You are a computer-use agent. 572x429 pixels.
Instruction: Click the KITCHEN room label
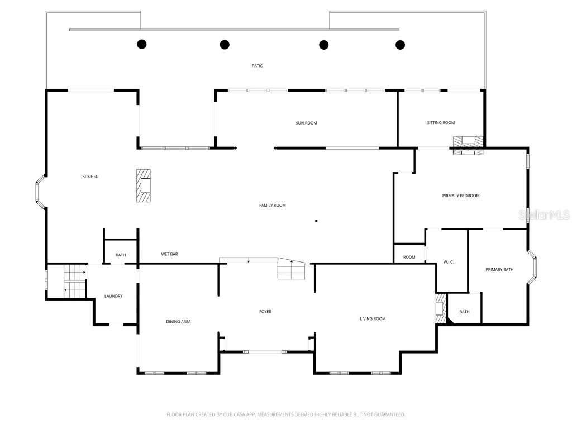click(90, 177)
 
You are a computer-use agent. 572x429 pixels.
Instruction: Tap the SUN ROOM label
click(306, 123)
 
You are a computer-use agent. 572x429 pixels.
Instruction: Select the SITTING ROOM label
click(441, 123)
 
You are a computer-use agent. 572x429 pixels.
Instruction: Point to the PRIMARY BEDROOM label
click(461, 196)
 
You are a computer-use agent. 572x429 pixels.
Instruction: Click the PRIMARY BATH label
click(499, 270)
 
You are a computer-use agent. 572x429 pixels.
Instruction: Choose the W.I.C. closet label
click(448, 261)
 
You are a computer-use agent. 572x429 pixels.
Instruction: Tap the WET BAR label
click(169, 254)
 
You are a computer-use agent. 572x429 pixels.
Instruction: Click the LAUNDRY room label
click(113, 296)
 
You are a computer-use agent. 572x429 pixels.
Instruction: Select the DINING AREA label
click(178, 322)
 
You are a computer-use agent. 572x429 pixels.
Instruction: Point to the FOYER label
click(265, 312)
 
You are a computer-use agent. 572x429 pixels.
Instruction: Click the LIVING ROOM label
click(373, 319)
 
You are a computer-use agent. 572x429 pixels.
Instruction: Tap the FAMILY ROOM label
click(272, 206)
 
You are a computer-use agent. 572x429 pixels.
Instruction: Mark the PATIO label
click(257, 66)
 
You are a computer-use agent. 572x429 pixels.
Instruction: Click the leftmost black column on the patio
click(142, 44)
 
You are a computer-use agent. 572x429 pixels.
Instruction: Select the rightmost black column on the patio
click(400, 44)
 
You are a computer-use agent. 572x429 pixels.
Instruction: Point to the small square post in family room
click(316, 221)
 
